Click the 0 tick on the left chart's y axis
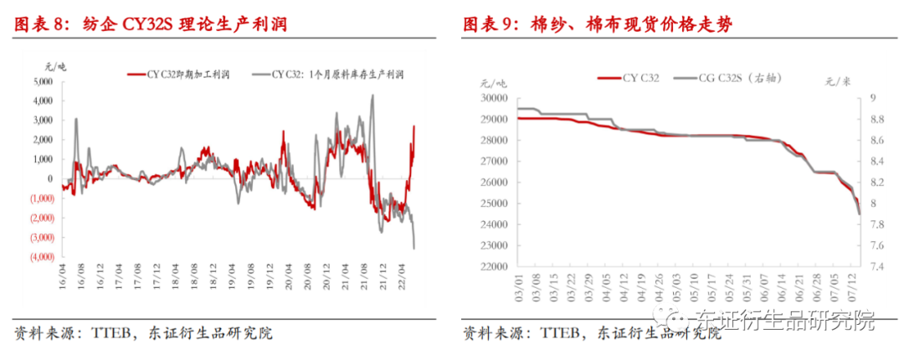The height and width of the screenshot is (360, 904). pos(50,178)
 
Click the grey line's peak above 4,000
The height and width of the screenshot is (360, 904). pos(372,95)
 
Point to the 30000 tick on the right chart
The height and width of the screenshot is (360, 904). pos(491,98)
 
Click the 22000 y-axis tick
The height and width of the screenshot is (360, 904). pos(491,267)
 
